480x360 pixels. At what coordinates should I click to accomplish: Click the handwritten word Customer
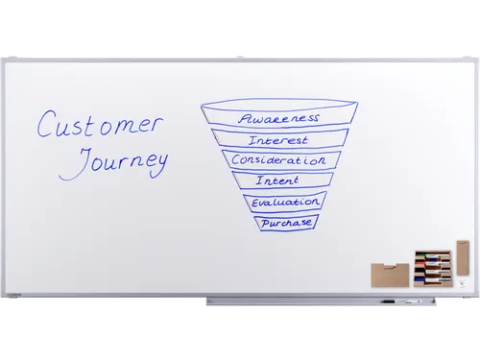100,124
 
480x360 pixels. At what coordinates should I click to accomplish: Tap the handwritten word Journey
113,163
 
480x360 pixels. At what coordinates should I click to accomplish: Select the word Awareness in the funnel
278,118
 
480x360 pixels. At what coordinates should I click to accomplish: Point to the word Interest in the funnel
278,140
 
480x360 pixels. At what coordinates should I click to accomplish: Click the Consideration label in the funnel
278,159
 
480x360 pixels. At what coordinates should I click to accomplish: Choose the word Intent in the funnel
277,180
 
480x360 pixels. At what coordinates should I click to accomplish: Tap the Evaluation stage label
285,203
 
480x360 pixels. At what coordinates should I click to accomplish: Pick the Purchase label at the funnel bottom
286,223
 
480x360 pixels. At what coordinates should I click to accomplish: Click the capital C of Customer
46,124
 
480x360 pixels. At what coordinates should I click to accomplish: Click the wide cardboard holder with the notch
390,276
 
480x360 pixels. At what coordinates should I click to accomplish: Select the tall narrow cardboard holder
463,257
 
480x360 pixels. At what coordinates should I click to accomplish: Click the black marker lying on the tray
388,301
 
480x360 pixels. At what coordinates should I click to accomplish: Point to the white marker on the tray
410,301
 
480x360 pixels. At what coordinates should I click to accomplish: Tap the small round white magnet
462,283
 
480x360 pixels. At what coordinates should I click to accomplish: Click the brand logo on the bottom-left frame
13,295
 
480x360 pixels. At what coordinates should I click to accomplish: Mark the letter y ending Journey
158,166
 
